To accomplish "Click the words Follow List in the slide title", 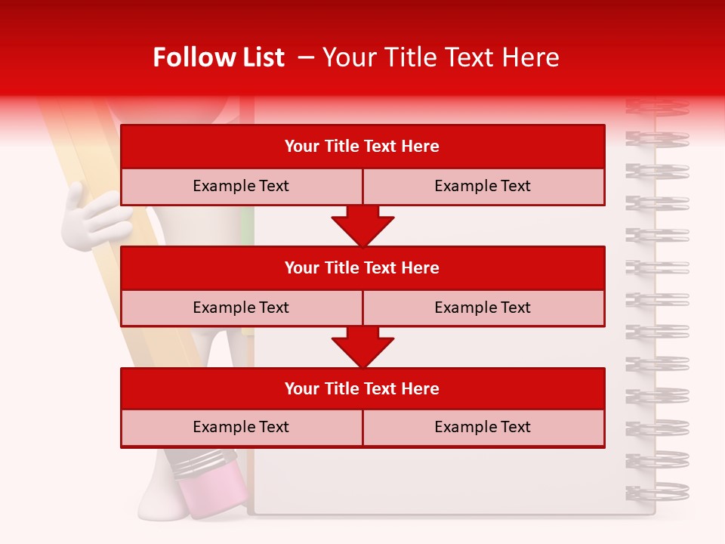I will click(x=218, y=57).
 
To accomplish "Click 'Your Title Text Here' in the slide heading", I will click(x=440, y=57).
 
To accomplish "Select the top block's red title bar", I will click(x=362, y=147).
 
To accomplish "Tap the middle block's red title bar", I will click(x=362, y=267).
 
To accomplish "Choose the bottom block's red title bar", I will click(x=362, y=388).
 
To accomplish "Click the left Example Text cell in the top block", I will click(x=241, y=186).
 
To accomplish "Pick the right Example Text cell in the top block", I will click(x=483, y=186).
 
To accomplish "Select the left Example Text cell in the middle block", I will click(x=241, y=308).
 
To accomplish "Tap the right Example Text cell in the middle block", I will click(x=483, y=308).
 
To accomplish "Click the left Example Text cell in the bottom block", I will click(x=241, y=427).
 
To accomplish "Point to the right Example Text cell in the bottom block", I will click(x=483, y=427).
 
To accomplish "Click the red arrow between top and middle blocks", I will click(x=362, y=226).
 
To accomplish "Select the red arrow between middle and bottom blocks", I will click(x=362, y=347).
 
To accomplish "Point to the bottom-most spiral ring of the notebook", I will click(x=657, y=491).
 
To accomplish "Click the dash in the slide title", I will click(x=307, y=57).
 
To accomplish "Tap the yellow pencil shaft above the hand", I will click(x=72, y=144).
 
